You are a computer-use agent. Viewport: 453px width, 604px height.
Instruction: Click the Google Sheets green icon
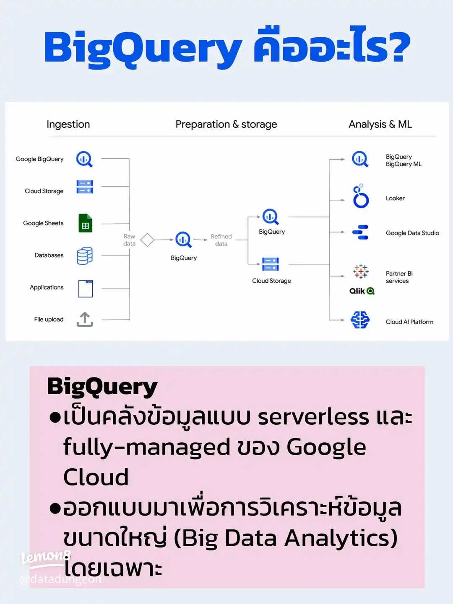pyautogui.click(x=86, y=223)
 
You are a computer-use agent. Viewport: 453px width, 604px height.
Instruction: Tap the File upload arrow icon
pyautogui.click(x=85, y=319)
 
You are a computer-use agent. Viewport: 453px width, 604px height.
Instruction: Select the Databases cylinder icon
pyautogui.click(x=85, y=256)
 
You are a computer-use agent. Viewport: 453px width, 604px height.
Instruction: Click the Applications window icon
pyautogui.click(x=86, y=288)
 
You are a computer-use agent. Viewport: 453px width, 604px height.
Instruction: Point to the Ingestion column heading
pyautogui.click(x=68, y=124)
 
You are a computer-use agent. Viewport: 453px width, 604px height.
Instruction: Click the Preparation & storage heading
pyautogui.click(x=226, y=124)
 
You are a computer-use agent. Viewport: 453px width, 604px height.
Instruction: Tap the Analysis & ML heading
pyautogui.click(x=380, y=124)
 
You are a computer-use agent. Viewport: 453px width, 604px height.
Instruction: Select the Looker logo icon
pyautogui.click(x=360, y=196)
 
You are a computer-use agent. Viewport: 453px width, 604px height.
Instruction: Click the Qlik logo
pyautogui.click(x=362, y=291)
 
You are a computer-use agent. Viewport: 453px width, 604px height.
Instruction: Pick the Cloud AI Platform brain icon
pyautogui.click(x=360, y=320)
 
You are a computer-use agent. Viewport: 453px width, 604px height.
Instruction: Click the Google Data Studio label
pyautogui.click(x=412, y=233)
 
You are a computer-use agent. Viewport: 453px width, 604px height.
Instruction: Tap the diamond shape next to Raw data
pyautogui.click(x=147, y=240)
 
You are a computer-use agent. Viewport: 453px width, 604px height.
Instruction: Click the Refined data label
pyautogui.click(x=221, y=240)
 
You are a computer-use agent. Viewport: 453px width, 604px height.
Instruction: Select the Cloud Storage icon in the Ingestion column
pyautogui.click(x=85, y=187)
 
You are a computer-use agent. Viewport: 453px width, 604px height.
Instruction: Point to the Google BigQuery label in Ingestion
pyautogui.click(x=39, y=159)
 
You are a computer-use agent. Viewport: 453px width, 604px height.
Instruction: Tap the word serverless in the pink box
pyautogui.click(x=313, y=417)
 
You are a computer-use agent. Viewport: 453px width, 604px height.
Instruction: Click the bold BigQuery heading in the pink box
pyautogui.click(x=102, y=387)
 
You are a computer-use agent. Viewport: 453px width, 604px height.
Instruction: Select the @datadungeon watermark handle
pyautogui.click(x=60, y=579)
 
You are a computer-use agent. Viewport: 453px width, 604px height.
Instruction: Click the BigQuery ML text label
pyautogui.click(x=404, y=164)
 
